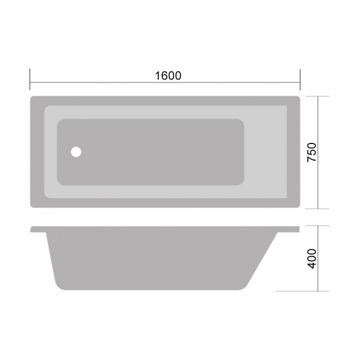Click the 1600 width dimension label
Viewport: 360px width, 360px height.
click(x=168, y=76)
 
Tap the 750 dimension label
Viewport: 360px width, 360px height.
click(x=312, y=152)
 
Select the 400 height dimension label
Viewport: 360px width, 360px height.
click(x=312, y=259)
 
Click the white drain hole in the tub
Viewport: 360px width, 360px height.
click(x=76, y=151)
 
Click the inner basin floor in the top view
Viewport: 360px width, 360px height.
click(x=155, y=152)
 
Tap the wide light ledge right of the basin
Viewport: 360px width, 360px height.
click(x=265, y=152)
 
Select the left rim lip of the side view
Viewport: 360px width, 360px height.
click(x=38, y=229)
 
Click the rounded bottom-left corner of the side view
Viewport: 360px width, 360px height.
click(x=58, y=284)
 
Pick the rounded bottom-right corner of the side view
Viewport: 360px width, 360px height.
click(x=244, y=285)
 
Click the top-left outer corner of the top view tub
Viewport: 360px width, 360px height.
click(x=32, y=98)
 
